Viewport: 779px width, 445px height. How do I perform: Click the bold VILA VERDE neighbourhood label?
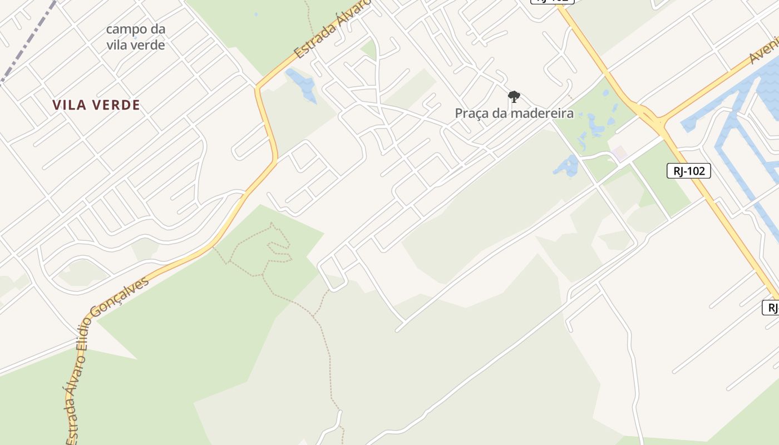pos(96,105)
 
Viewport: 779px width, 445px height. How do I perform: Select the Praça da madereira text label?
pos(514,113)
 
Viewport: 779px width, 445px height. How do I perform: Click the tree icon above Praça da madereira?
pos(514,97)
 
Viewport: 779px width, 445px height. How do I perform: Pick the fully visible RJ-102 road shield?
pos(688,171)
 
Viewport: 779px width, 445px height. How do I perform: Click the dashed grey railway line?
pos(28,42)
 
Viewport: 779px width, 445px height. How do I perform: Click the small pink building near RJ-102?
pos(619,154)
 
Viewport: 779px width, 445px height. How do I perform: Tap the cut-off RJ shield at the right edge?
pos(771,307)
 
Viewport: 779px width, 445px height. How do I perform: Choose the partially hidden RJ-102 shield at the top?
pos(552,2)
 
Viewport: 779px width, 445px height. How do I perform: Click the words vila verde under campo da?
pos(136,45)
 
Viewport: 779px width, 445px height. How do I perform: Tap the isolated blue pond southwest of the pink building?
pos(566,166)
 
